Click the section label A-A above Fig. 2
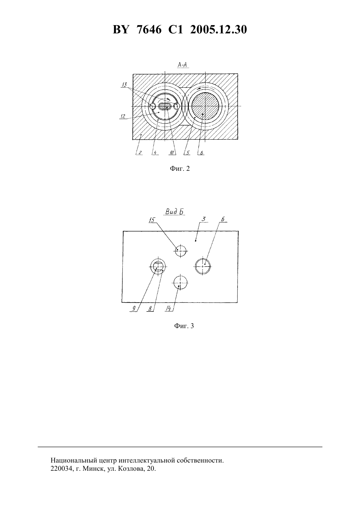point(183,65)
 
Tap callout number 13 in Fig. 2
point(124,85)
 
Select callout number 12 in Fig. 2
point(123,116)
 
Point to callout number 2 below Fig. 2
point(140,153)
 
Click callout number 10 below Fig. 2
point(172,153)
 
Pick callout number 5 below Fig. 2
point(188,153)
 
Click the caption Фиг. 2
point(180,168)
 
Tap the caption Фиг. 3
point(184,326)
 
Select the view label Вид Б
point(174,212)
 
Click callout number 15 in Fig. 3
point(152,220)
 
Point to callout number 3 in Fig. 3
point(204,219)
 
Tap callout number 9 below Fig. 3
point(134,308)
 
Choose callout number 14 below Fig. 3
point(168,308)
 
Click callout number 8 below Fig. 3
point(150,308)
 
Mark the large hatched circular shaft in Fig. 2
point(205,106)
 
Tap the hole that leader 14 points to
point(180,283)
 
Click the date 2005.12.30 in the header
point(218,30)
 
